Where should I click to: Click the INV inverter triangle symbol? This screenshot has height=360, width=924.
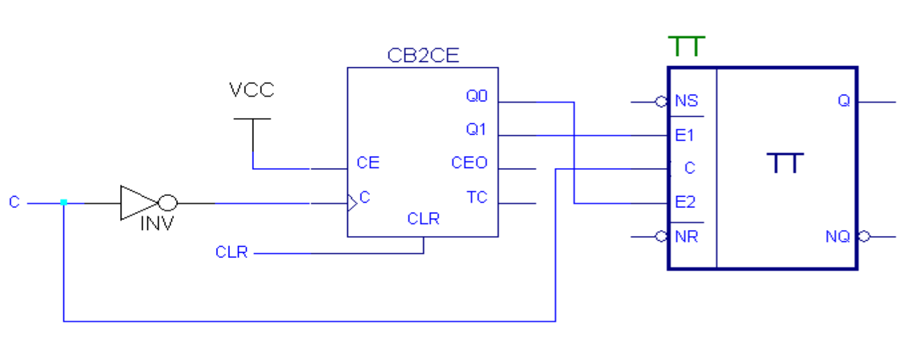[137, 203]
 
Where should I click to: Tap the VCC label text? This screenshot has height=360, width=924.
[251, 90]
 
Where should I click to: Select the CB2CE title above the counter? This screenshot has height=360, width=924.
[423, 55]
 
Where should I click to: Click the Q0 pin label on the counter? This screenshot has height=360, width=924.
[477, 97]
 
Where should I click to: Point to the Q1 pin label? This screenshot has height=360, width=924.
[477, 130]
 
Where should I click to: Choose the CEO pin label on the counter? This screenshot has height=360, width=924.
[469, 163]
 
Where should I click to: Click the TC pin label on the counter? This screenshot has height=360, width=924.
[477, 197]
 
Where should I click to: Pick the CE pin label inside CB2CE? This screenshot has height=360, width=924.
[368, 163]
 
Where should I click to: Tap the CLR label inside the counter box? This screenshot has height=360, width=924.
[423, 219]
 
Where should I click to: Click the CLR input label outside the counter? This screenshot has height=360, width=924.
[231, 253]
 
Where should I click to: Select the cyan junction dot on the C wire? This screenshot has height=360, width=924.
[63, 202]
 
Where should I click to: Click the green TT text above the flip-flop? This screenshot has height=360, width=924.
[687, 47]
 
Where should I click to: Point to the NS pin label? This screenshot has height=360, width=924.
[686, 101]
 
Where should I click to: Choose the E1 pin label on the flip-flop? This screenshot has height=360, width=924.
[685, 136]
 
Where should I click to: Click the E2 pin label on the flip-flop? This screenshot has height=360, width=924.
[685, 203]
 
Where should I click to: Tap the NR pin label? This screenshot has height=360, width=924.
[686, 237]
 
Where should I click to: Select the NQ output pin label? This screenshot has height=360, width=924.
[838, 237]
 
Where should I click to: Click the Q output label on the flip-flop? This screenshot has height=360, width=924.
[844, 101]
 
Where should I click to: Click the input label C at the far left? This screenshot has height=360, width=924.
[15, 202]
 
